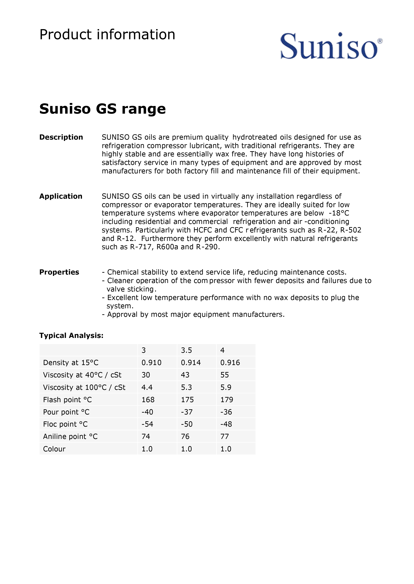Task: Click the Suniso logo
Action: [x=331, y=46]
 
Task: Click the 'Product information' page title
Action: [x=107, y=35]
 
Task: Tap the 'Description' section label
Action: [x=61, y=137]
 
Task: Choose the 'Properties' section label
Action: [x=59, y=272]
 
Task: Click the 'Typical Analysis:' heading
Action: [x=71, y=335]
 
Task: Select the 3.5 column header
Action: [x=186, y=350]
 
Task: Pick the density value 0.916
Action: [x=230, y=363]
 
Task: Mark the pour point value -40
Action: [x=147, y=412]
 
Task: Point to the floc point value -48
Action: [x=226, y=424]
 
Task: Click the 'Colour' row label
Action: [x=54, y=449]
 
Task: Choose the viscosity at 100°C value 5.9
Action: [x=226, y=387]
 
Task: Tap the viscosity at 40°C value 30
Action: [x=146, y=375]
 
